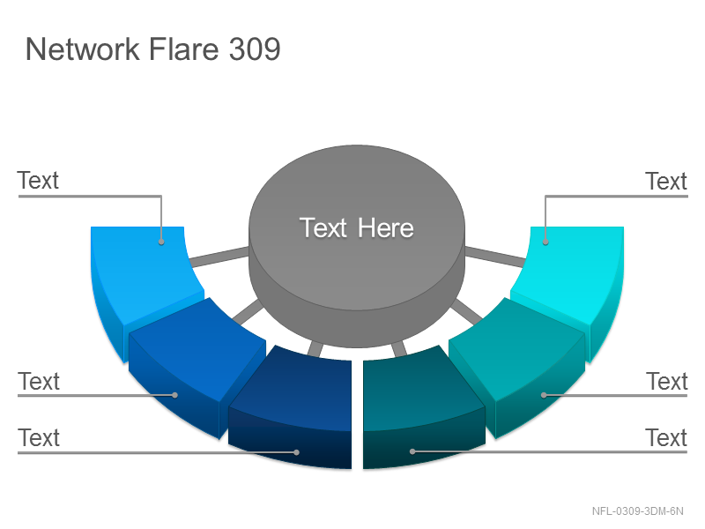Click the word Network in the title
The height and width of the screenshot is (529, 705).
click(x=82, y=48)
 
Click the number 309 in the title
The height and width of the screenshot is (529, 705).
click(x=255, y=48)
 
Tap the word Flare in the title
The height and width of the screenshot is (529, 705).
click(x=183, y=48)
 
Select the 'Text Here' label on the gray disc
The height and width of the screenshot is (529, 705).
click(x=357, y=227)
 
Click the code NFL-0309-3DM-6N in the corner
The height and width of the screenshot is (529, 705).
click(x=637, y=511)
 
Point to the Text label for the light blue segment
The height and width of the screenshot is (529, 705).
click(x=38, y=181)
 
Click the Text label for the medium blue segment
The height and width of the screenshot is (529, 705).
click(x=39, y=382)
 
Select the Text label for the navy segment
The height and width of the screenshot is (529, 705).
click(x=39, y=437)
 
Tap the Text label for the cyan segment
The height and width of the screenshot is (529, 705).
click(x=666, y=182)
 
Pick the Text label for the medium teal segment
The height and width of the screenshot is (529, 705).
click(x=667, y=382)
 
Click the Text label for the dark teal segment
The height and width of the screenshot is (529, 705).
click(x=667, y=437)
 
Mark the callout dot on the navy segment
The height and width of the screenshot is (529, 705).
click(x=296, y=452)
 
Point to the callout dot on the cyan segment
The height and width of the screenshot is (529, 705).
click(x=545, y=242)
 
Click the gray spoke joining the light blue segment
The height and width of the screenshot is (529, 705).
click(x=219, y=257)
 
